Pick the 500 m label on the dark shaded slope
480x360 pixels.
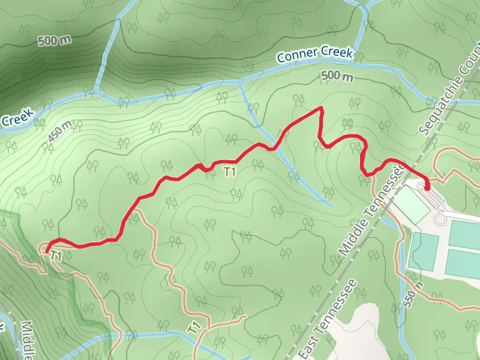(54, 41)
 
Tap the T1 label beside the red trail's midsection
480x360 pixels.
(229, 172)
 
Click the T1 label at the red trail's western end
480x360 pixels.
(56, 256)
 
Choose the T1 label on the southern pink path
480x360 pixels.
(193, 328)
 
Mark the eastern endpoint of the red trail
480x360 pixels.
(427, 188)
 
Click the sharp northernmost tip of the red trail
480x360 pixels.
(322, 108)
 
